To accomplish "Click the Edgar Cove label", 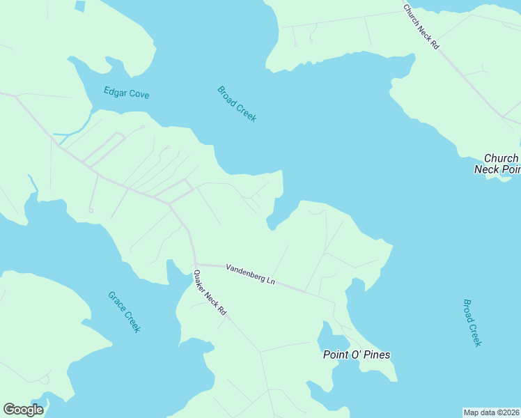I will (126, 93).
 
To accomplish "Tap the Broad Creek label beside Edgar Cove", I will (237, 104).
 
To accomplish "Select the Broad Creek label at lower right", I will (472, 323).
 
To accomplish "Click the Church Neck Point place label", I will (496, 164).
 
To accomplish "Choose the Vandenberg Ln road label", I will (250, 273).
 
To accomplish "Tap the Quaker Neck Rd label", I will (210, 293).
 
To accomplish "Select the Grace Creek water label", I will (124, 311).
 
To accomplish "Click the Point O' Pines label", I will (356, 355).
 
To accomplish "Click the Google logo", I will (23, 410).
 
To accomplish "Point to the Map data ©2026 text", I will (492, 412).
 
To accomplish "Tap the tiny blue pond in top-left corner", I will (79, 6).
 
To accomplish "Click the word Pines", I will (376, 355).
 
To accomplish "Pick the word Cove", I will (139, 94).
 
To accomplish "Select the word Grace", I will (116, 301).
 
